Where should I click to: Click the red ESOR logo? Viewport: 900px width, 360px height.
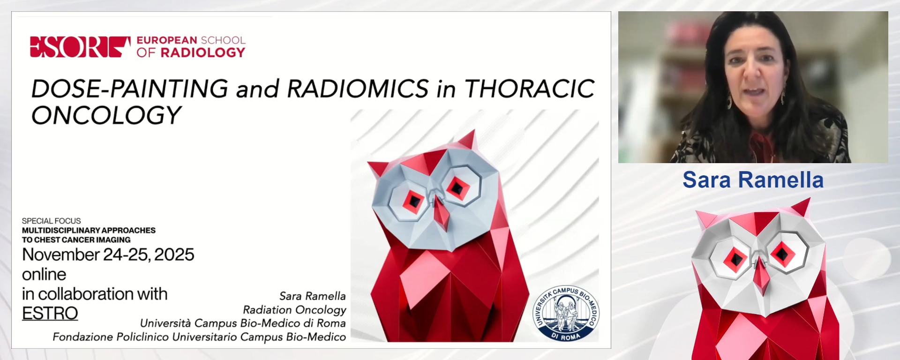coord(80,47)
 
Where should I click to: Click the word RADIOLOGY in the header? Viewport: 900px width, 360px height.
coord(203,52)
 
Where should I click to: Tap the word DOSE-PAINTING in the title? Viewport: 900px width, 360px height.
coord(129,89)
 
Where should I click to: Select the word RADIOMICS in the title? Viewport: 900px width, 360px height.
coord(358,89)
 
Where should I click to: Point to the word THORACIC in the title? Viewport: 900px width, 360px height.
coord(529,89)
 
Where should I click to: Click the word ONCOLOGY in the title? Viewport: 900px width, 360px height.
coord(106,115)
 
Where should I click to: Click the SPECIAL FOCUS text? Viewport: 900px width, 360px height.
coord(51,221)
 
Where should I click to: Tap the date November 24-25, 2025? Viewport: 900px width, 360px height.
coord(108,255)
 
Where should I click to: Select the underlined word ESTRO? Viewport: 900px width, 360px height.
coord(50,313)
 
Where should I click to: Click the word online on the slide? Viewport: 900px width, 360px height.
coord(44,274)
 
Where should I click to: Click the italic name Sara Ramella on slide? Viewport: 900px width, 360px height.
coord(312,296)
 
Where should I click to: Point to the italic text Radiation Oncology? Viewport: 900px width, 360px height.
coord(294,310)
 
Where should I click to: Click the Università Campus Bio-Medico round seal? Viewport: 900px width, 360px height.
coord(566,313)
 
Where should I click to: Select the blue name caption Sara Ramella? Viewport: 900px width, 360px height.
coord(753,180)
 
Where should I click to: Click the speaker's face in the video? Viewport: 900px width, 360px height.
coord(753,70)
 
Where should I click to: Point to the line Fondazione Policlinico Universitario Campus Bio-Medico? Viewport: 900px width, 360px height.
coord(199,337)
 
